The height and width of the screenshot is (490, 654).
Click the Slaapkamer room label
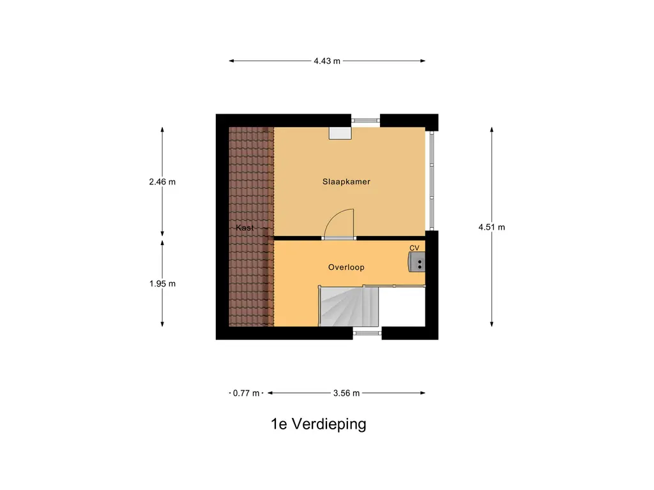tap(346, 182)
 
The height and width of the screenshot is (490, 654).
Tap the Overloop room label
tap(346, 267)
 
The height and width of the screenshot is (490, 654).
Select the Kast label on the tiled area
tap(245, 227)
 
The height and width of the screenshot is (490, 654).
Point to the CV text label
tap(414, 248)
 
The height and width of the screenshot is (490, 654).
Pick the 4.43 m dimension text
tap(327, 61)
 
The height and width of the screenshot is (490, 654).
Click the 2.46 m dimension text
tap(162, 182)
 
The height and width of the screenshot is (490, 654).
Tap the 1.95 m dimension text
tap(162, 284)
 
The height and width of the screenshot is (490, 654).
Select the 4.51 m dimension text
tap(492, 226)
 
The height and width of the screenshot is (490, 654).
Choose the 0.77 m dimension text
tap(247, 393)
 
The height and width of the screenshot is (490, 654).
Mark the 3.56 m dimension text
tap(347, 393)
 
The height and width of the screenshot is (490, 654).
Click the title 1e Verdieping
tap(319, 424)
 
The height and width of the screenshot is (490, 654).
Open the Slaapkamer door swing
tap(340, 224)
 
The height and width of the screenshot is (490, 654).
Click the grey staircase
tap(348, 306)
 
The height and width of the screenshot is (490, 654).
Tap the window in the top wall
tap(365, 119)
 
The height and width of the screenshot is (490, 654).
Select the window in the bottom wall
tap(367, 332)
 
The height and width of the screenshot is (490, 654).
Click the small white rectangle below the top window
tap(340, 133)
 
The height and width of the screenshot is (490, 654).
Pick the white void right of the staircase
tap(402, 307)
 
